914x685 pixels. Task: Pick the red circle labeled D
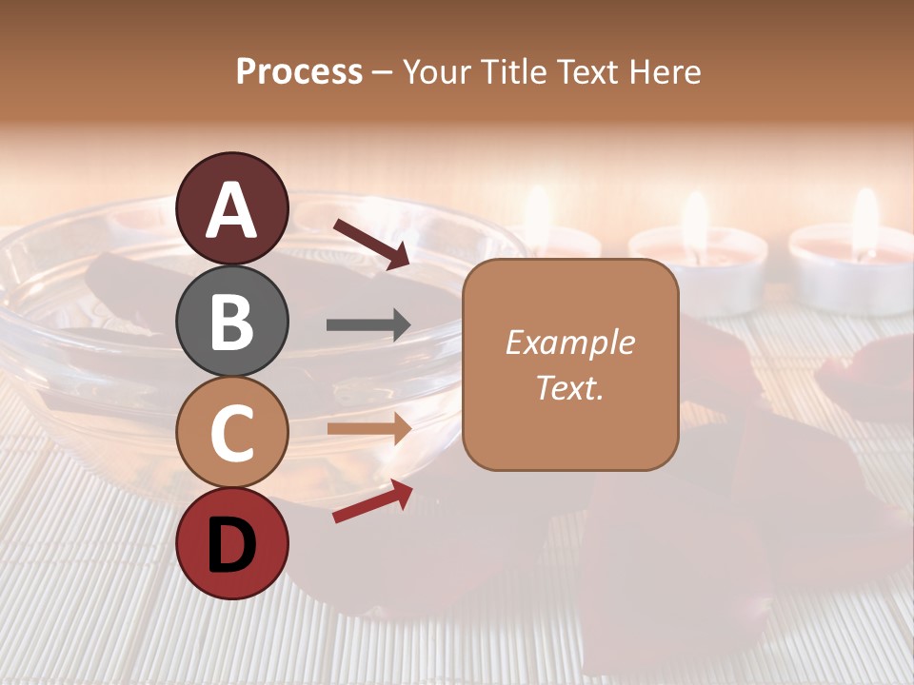coord(232,543)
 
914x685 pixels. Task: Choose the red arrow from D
coord(371,501)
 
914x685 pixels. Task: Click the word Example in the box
coord(569,342)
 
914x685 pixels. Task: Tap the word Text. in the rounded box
coord(569,388)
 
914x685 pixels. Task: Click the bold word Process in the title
coord(299,72)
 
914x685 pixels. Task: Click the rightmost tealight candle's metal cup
coord(852,285)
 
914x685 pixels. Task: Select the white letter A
coord(232,209)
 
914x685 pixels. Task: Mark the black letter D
coord(232,543)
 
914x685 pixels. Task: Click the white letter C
coord(232,432)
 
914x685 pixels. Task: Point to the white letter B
coord(232,322)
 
